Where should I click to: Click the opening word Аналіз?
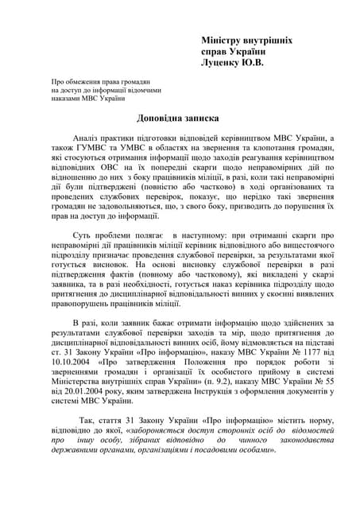89,138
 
